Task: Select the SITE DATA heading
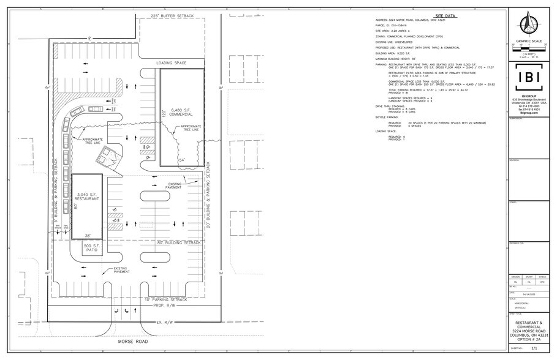point(441,14)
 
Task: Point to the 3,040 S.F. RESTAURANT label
point(86,197)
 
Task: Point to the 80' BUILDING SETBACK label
point(178,242)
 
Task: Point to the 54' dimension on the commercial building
point(181,159)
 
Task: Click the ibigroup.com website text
point(528,113)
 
